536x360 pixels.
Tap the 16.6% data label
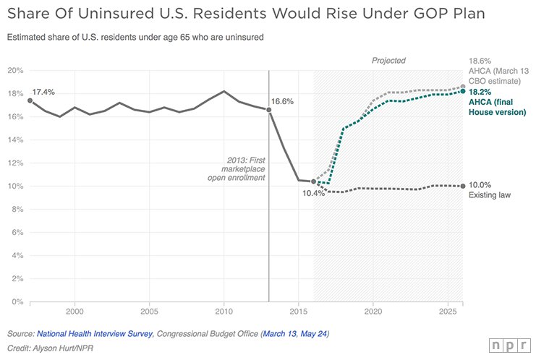pyautogui.click(x=282, y=102)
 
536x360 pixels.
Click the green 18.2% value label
pyautogui.click(x=480, y=93)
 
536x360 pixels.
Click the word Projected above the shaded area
pyautogui.click(x=388, y=61)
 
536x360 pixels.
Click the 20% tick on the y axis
pyautogui.click(x=16, y=70)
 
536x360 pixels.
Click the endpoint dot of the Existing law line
pyautogui.click(x=462, y=186)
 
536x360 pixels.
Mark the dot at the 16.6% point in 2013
pyautogui.click(x=268, y=110)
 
